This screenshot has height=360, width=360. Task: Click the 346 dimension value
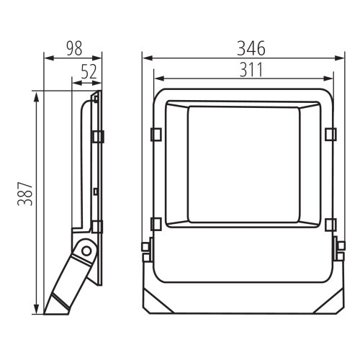point(251,48)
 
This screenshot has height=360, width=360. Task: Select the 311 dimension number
point(251,70)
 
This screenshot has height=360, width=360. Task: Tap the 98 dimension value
point(74,48)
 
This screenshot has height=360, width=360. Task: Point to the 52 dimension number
point(89,71)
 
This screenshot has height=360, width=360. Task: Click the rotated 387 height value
point(24,194)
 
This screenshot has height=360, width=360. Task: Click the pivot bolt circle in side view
point(86,251)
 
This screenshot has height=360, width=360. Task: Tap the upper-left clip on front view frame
point(156,135)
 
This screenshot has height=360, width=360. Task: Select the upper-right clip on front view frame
point(330,135)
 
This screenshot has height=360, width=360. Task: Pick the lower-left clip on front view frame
point(156,225)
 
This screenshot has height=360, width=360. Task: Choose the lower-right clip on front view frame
point(330,225)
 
